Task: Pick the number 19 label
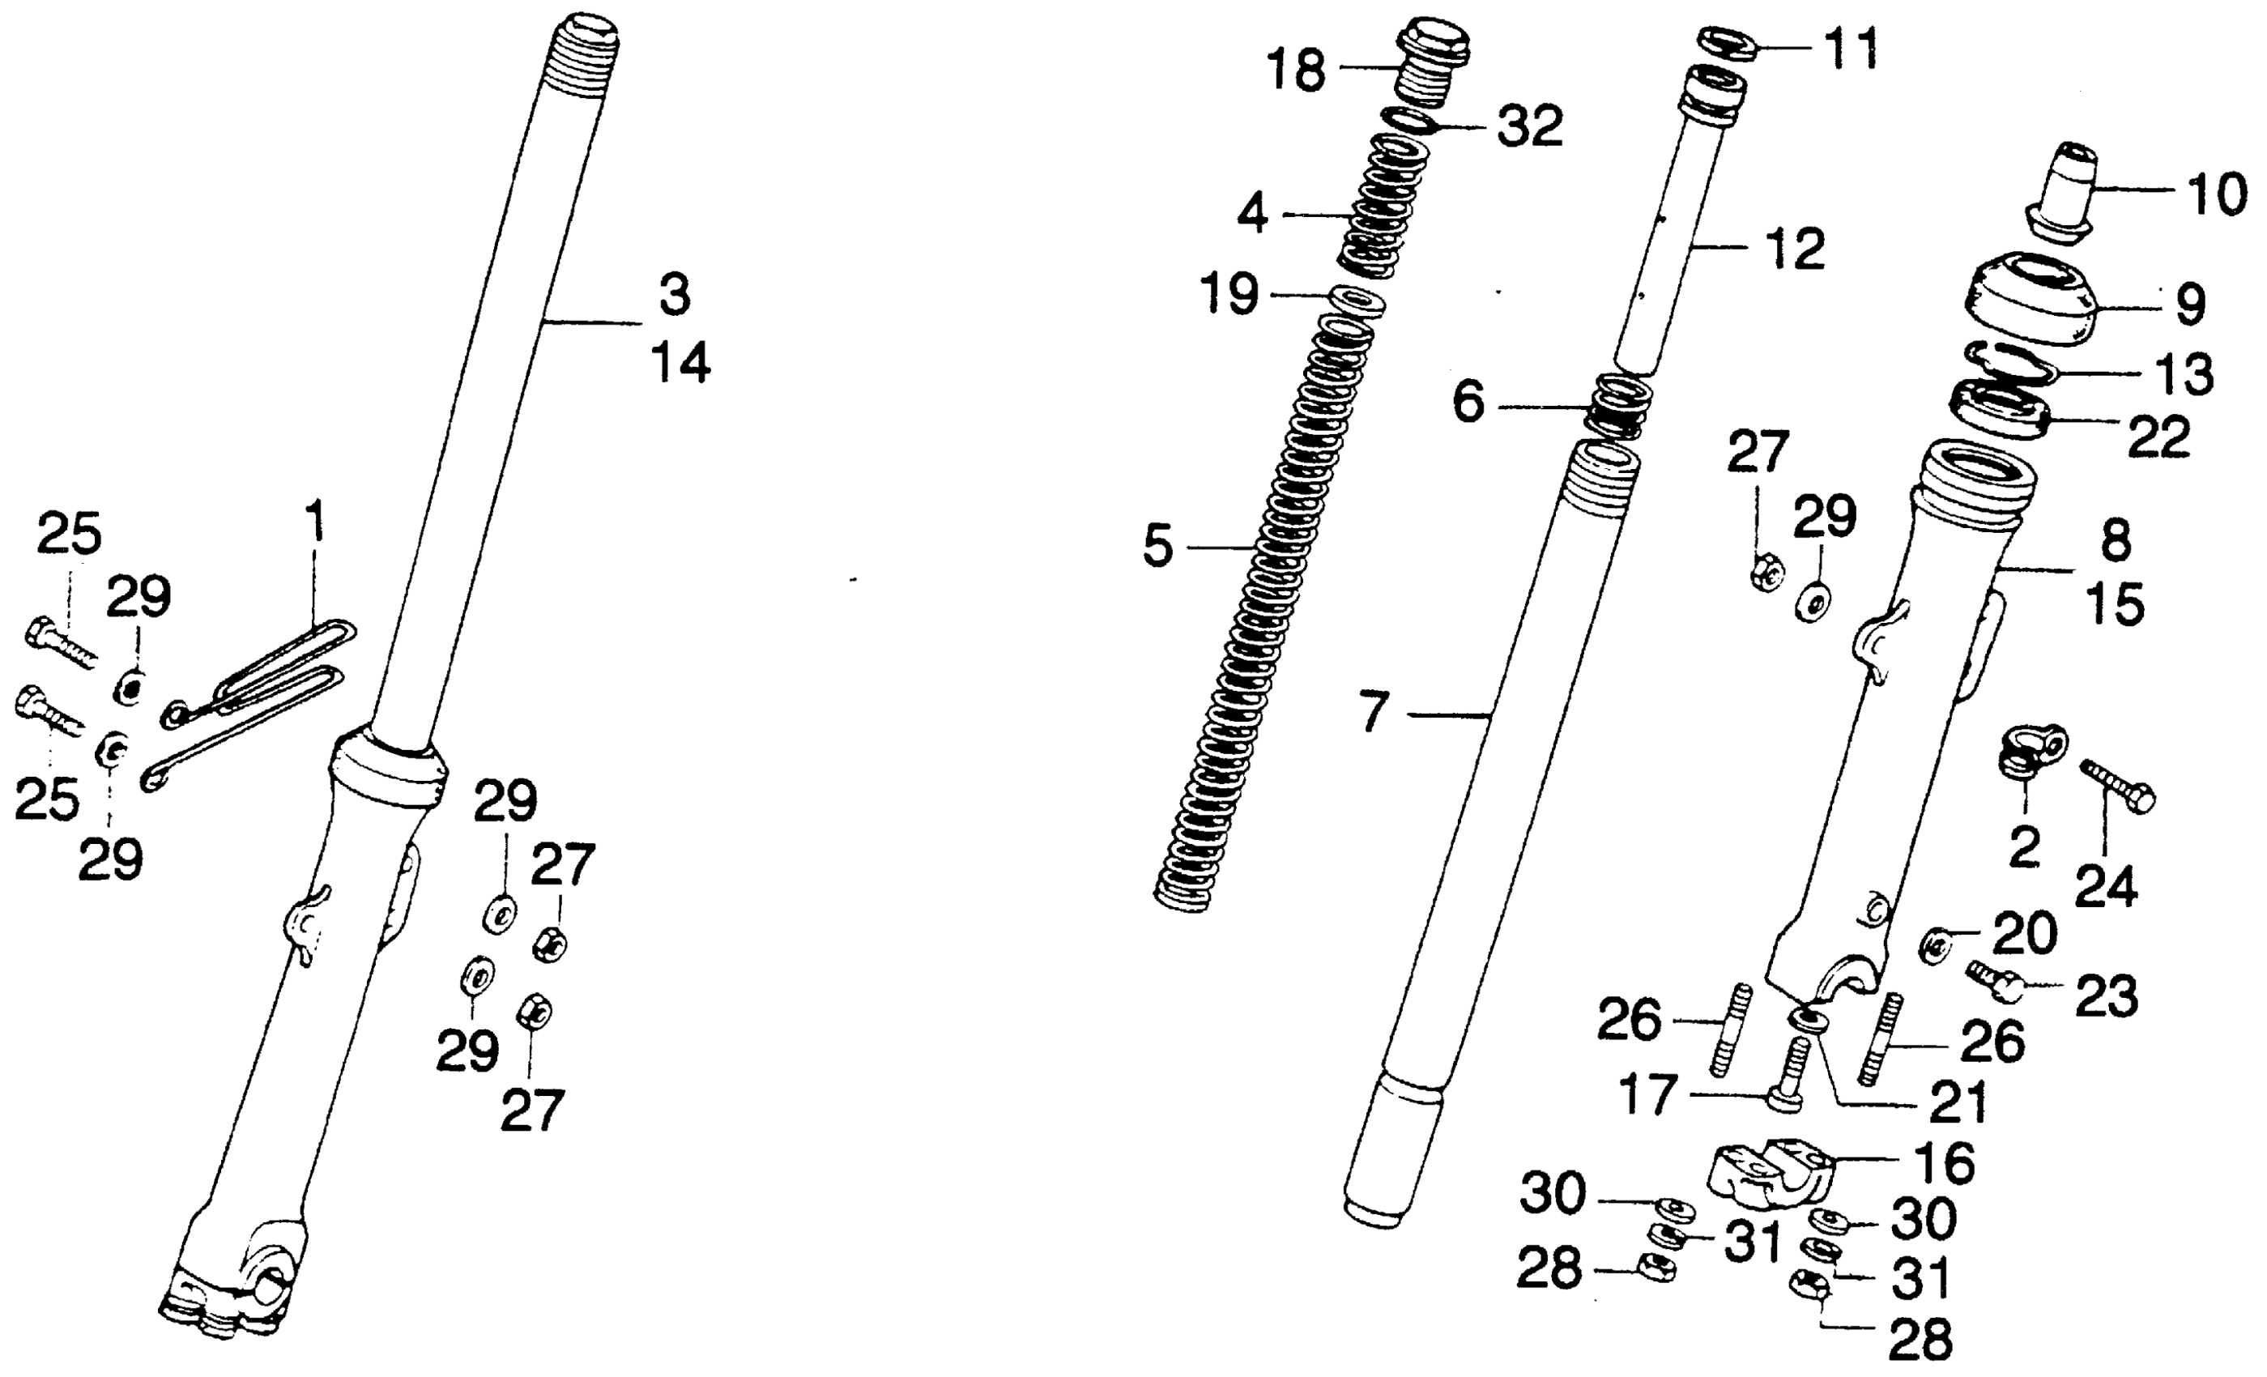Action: (1229, 296)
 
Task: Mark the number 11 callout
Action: (1852, 49)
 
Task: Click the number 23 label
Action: (2107, 998)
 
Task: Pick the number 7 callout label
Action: (1373, 713)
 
